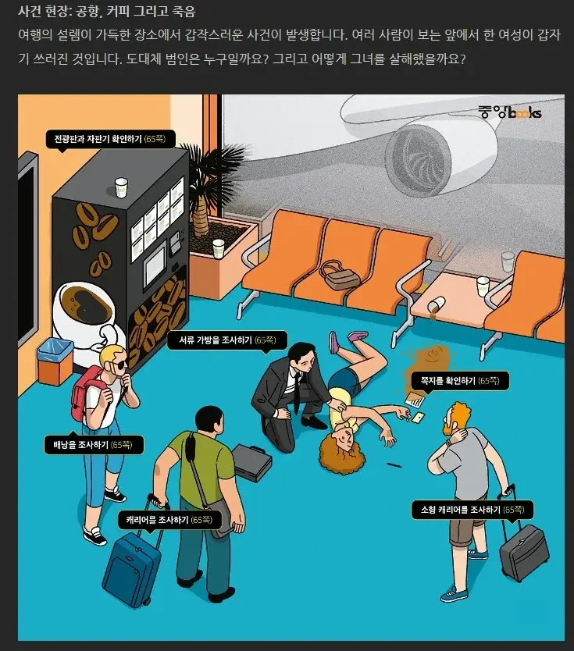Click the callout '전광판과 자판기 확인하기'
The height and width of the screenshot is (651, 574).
(110, 139)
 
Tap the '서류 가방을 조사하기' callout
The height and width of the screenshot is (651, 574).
(227, 340)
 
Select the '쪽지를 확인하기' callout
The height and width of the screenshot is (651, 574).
(460, 381)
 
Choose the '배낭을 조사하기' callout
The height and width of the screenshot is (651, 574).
(94, 445)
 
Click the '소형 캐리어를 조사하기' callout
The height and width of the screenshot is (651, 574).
(472, 510)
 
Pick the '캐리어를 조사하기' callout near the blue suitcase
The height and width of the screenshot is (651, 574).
(169, 520)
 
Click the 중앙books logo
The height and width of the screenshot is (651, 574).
(510, 112)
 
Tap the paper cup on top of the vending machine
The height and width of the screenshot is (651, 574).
(121, 187)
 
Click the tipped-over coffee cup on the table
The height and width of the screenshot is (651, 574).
(437, 304)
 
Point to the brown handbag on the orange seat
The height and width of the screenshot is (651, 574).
(340, 275)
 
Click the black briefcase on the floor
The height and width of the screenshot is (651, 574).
(251, 462)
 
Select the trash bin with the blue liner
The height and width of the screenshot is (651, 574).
(55, 361)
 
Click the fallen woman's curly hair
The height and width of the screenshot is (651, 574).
(342, 449)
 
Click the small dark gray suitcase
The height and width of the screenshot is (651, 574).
(525, 553)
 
